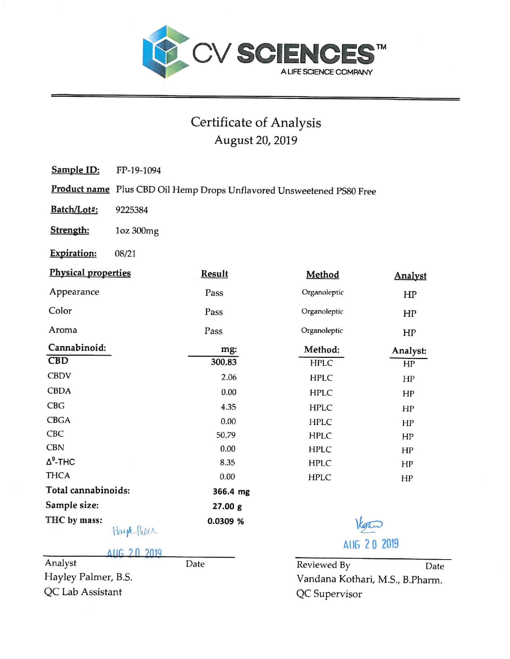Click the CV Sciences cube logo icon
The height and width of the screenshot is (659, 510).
pyautogui.click(x=166, y=52)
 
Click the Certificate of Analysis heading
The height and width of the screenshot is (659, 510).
pyautogui.click(x=256, y=122)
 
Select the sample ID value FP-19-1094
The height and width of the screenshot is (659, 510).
pyautogui.click(x=138, y=171)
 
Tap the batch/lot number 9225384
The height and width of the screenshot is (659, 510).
pyautogui.click(x=132, y=210)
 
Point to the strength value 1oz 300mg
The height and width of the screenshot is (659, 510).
pyautogui.click(x=137, y=231)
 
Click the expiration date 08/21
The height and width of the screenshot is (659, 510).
pyautogui.click(x=125, y=254)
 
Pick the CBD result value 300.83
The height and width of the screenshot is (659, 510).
pyautogui.click(x=224, y=362)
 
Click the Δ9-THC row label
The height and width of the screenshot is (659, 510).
pyautogui.click(x=60, y=462)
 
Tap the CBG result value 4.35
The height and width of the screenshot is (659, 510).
pyautogui.click(x=228, y=407)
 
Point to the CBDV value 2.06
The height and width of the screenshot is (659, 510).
pyautogui.click(x=229, y=377)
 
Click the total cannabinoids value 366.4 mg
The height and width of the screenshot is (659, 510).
pyautogui.click(x=231, y=492)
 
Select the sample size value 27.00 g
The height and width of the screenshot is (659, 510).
pyautogui.click(x=227, y=506)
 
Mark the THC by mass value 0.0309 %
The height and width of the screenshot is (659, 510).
pyautogui.click(x=225, y=521)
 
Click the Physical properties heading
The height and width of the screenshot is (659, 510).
pyautogui.click(x=90, y=273)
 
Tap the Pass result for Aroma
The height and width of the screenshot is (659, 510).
pyautogui.click(x=213, y=331)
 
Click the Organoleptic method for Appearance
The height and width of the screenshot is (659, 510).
pyautogui.click(x=322, y=292)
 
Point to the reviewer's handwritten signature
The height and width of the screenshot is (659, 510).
pyautogui.click(x=368, y=524)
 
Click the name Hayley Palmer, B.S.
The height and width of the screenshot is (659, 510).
pyautogui.click(x=88, y=577)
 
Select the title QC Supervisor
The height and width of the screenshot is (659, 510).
pyautogui.click(x=329, y=594)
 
